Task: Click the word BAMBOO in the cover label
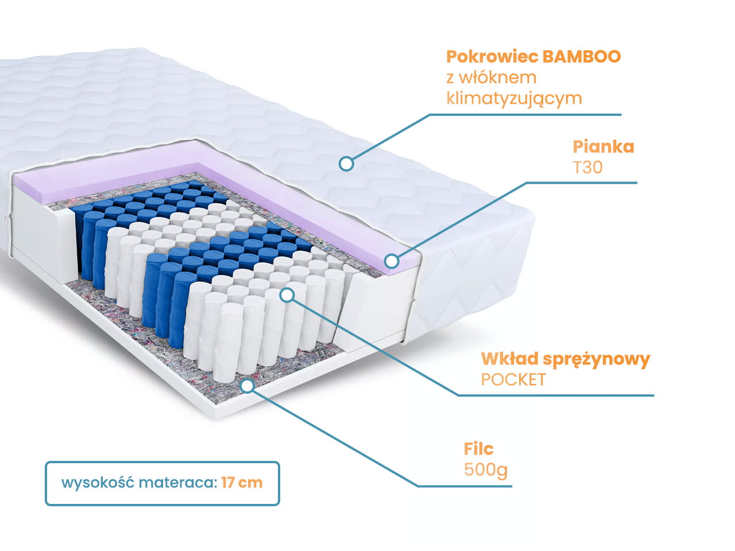582,57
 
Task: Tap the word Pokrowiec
492,57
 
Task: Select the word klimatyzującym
514,98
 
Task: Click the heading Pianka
604,146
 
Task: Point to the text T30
587,167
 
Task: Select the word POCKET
513,379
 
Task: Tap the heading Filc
479,449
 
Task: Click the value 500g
486,469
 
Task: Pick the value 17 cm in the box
242,482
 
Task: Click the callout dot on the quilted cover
346,164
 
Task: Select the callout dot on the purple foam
392,261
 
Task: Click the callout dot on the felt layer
247,385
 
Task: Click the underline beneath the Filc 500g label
465,486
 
